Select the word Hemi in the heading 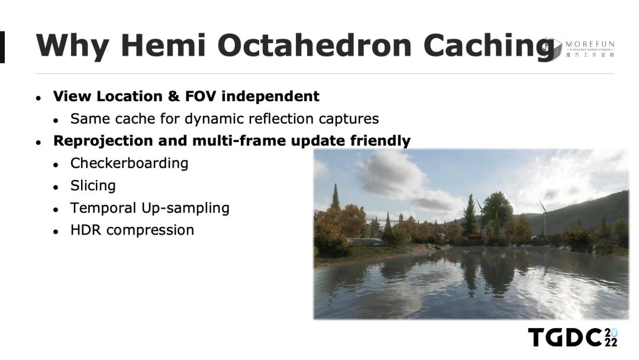(x=163, y=45)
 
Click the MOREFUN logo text (x=590, y=44)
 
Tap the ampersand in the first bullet (x=173, y=97)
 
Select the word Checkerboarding (x=129, y=163)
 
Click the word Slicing (x=93, y=186)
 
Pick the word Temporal (x=104, y=208)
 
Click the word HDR (x=86, y=230)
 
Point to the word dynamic (x=214, y=119)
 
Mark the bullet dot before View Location (x=38, y=98)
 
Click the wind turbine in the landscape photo (x=544, y=216)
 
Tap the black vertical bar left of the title (x=2, y=47)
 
